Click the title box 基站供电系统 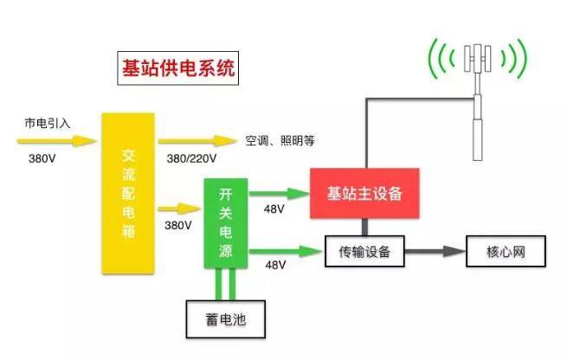click(177, 67)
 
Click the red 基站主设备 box click(364, 193)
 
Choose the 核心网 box click(506, 253)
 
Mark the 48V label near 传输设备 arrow click(274, 264)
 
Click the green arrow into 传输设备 click(285, 251)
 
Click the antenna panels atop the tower click(477, 59)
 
